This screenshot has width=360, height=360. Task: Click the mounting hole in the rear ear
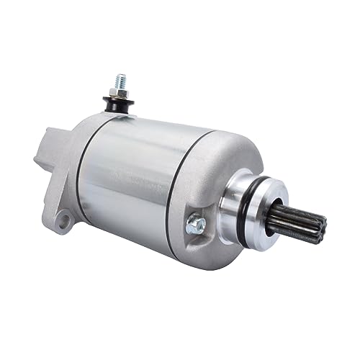pos(64,217)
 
